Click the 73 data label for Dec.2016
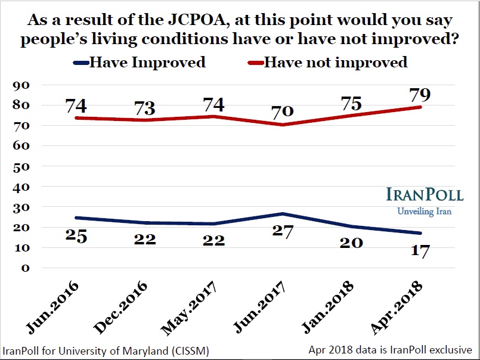(x=144, y=108)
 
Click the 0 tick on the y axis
(x=24, y=268)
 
